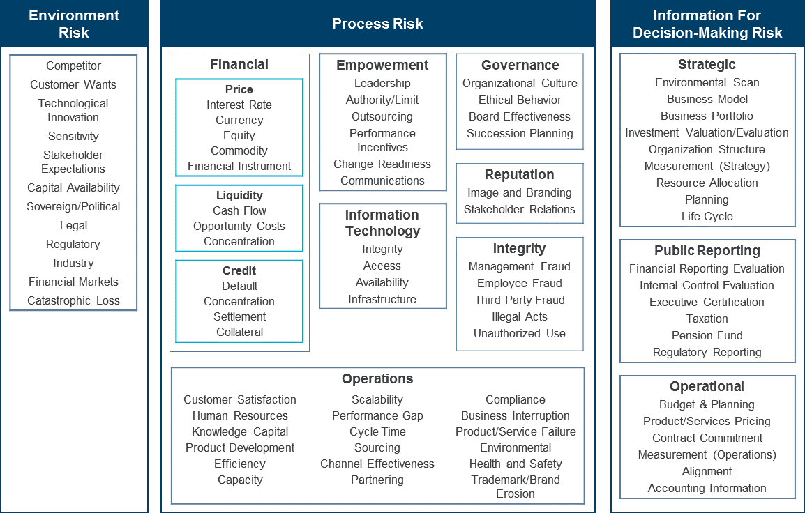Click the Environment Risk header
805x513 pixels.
click(x=74, y=24)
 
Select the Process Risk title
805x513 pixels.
click(x=377, y=24)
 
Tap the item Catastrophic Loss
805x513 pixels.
click(x=73, y=300)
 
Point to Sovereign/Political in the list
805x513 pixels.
click(x=73, y=206)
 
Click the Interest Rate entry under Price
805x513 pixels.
click(x=239, y=105)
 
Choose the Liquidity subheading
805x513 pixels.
click(x=239, y=195)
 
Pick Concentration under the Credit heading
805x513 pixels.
click(x=239, y=301)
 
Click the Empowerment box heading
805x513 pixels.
click(x=382, y=65)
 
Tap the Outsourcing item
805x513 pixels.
click(x=382, y=116)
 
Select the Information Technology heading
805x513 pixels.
click(x=382, y=222)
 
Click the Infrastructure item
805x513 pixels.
click(x=382, y=299)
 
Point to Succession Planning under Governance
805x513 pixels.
click(x=520, y=133)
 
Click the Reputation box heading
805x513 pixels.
click(x=520, y=174)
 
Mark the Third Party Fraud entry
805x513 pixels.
click(x=520, y=300)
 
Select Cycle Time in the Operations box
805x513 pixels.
click(x=377, y=431)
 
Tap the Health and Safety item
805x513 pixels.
click(x=516, y=464)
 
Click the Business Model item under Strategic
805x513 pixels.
click(x=707, y=99)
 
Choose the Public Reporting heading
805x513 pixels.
click(x=707, y=250)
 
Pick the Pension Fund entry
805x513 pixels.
click(x=707, y=335)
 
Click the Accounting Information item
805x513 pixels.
click(x=707, y=488)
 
